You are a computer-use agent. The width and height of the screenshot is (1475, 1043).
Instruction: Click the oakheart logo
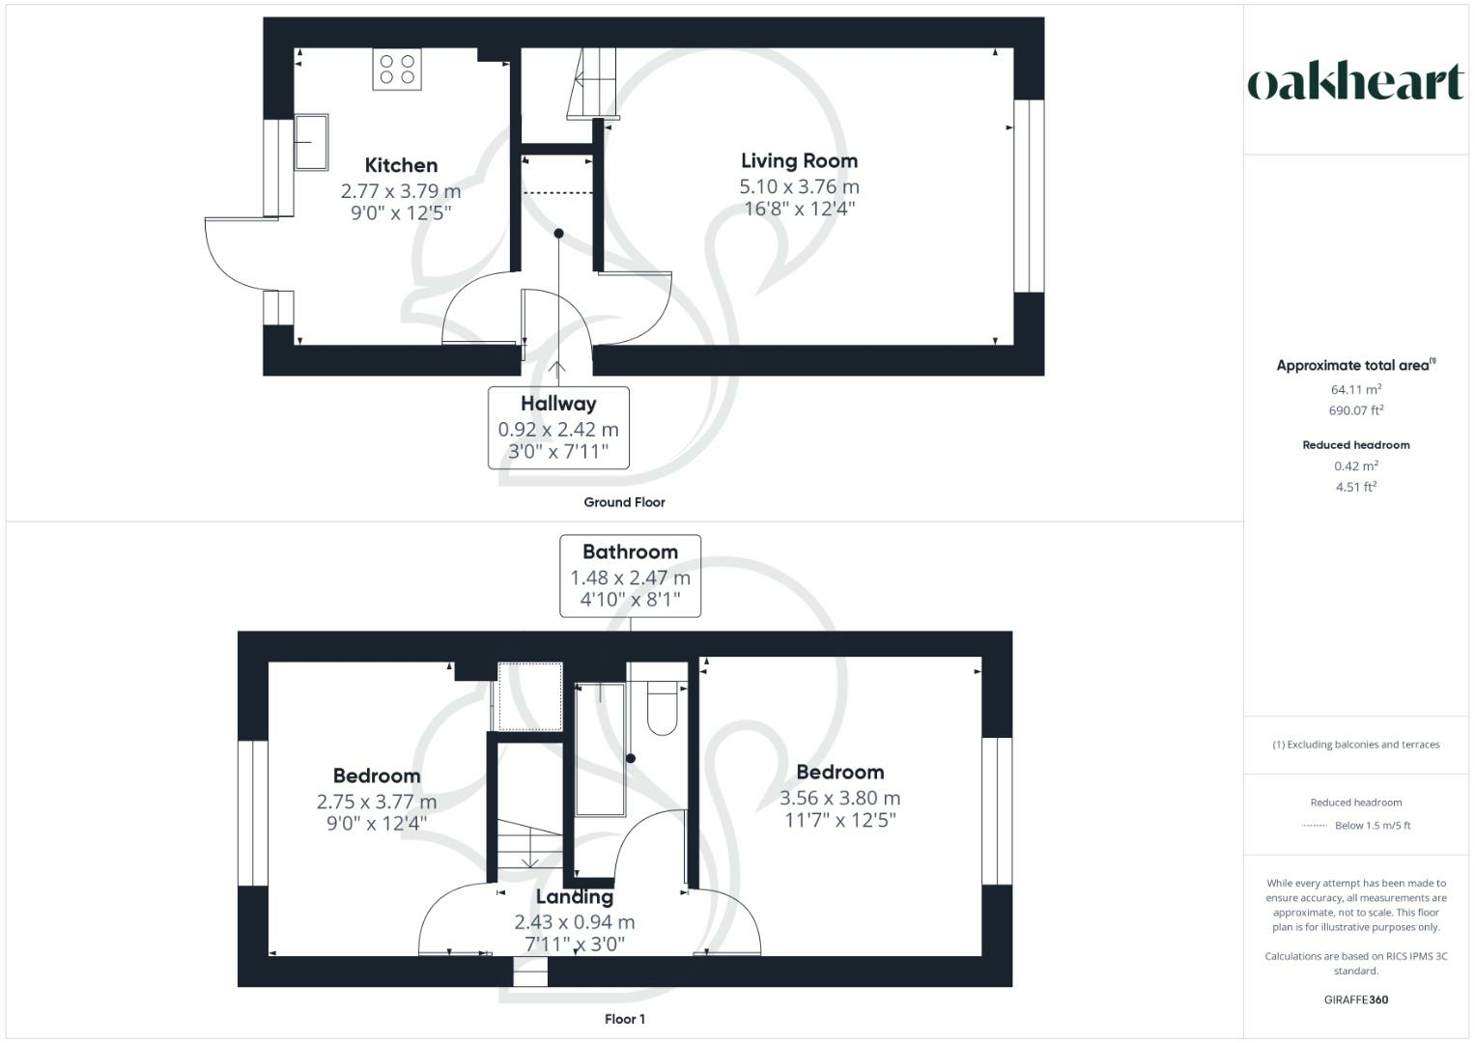[1355, 83]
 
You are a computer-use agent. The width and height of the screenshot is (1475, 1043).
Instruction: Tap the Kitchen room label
[401, 165]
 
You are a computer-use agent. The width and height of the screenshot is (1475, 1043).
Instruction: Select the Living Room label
[799, 161]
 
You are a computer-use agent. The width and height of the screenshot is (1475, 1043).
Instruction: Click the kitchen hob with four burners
[397, 69]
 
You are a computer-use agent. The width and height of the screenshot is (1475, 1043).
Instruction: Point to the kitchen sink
[310, 141]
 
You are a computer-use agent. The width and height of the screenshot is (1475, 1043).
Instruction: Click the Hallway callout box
[558, 428]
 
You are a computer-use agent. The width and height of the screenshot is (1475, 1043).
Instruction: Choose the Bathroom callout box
[630, 576]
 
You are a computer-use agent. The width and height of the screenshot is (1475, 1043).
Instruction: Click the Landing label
[574, 897]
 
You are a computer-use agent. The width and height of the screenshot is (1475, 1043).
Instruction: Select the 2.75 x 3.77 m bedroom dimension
[377, 802]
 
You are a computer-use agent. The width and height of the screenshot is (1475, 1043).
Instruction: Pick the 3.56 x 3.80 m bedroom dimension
[839, 798]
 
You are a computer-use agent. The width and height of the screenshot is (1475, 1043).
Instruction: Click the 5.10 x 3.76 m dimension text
[799, 186]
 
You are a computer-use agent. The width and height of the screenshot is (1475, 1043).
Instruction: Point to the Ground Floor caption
[624, 502]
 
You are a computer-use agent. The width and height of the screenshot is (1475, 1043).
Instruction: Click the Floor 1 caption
[624, 1019]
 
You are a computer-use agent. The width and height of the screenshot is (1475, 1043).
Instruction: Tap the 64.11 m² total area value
[1355, 389]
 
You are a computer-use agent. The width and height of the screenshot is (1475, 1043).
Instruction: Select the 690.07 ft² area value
[1355, 410]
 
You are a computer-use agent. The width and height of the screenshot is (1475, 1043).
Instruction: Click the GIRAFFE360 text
[1355, 1000]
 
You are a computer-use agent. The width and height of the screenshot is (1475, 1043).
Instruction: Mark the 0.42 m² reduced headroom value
[1355, 465]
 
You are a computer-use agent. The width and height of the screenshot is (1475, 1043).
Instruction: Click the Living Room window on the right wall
[1029, 195]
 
